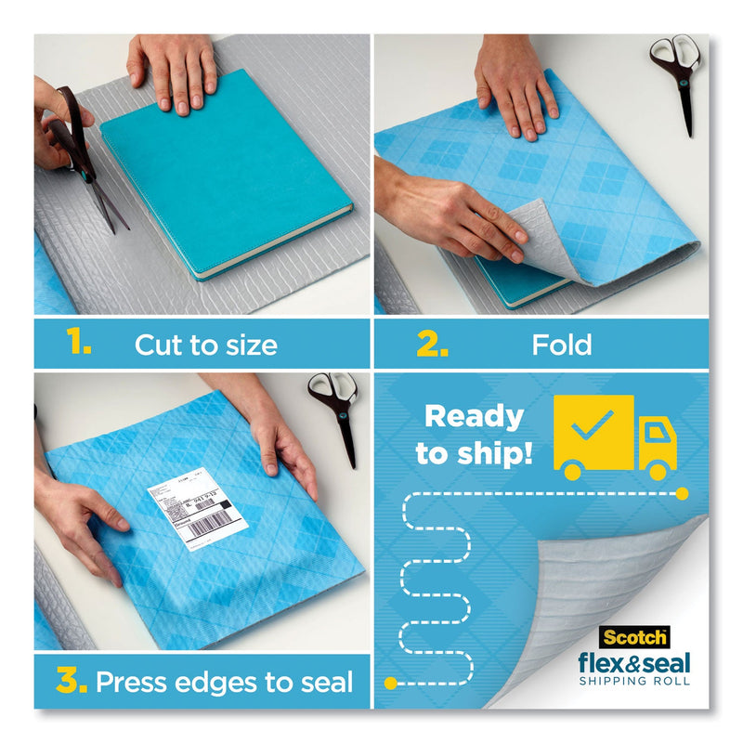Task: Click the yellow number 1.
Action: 79,345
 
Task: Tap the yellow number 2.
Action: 432,345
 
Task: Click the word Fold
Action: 562,345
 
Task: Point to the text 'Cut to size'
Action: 205,345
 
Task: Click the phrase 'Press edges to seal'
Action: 225,683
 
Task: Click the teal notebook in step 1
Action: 224,186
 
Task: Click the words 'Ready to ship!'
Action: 474,434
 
